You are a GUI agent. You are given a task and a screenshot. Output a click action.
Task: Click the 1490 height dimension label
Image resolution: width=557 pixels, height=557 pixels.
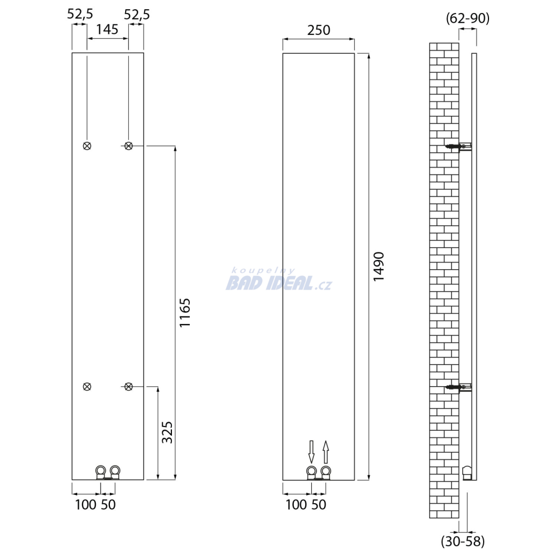(x=379, y=267)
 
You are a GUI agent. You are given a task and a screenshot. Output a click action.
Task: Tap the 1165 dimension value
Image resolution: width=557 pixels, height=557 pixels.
(x=185, y=313)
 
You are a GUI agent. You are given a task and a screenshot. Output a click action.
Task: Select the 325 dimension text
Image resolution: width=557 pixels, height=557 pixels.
(x=168, y=432)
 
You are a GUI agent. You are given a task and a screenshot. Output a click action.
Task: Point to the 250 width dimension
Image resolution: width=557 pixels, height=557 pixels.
(x=319, y=30)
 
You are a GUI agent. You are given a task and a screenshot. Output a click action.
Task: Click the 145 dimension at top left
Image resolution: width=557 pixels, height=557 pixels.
(x=107, y=29)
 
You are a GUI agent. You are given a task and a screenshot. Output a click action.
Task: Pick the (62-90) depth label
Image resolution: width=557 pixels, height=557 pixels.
(x=467, y=18)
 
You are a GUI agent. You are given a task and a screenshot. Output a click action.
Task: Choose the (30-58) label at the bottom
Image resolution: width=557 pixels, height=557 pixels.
(x=463, y=541)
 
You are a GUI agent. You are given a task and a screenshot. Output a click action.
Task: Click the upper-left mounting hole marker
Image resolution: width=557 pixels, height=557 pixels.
(x=87, y=146)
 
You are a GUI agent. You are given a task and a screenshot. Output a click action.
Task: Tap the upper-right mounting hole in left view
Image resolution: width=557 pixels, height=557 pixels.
(x=128, y=146)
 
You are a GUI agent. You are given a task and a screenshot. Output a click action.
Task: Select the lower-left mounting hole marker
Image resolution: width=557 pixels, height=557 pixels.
(x=87, y=387)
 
